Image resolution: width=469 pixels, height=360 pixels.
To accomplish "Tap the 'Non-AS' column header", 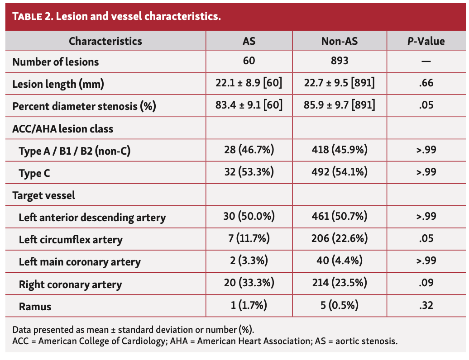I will coord(339,41).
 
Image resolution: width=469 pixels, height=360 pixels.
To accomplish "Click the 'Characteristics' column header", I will coord(105,41).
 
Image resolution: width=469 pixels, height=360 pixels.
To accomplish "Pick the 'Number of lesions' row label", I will coord(56,62).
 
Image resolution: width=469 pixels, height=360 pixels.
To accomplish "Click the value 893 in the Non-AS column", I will coord(339,61).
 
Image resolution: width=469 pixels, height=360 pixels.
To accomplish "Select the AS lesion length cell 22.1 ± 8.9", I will coord(249,83).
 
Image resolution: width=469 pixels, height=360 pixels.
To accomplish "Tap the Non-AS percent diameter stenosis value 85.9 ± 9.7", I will coord(339,105).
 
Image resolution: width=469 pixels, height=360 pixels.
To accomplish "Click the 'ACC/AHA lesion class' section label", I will coord(63,129).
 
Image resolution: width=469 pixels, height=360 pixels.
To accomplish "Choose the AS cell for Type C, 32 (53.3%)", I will coord(249,172).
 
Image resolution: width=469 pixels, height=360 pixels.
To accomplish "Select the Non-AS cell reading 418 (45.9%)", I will coord(339,150).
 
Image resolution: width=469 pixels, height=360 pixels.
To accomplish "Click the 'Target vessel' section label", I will coord(44,195).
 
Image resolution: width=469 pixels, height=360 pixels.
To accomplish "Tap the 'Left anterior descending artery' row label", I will coord(92,218).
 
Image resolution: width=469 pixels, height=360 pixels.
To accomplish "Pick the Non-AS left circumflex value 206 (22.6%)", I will coord(339,238).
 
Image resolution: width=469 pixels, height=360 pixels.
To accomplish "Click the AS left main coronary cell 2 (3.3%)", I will coord(249,261).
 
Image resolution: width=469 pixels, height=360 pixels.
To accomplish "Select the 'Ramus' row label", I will coord(35,307).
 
